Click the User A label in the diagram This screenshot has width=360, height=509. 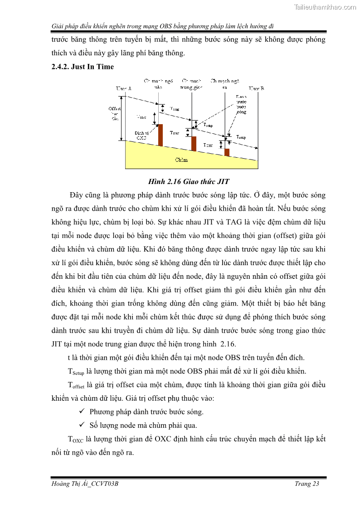(x=123, y=88)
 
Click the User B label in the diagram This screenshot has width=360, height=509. (x=256, y=88)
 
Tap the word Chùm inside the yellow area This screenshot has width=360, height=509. (x=181, y=160)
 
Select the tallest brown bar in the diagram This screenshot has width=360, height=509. (x=160, y=135)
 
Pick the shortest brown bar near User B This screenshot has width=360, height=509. (x=227, y=152)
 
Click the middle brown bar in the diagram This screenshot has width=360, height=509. (x=194, y=143)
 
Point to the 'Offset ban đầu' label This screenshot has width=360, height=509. (x=114, y=113)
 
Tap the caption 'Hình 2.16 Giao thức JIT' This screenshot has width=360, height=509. (x=189, y=182)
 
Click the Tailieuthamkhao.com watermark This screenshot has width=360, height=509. (x=325, y=7)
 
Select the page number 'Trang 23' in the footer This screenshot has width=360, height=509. (x=307, y=484)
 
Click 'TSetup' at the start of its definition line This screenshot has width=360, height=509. (x=76, y=372)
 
